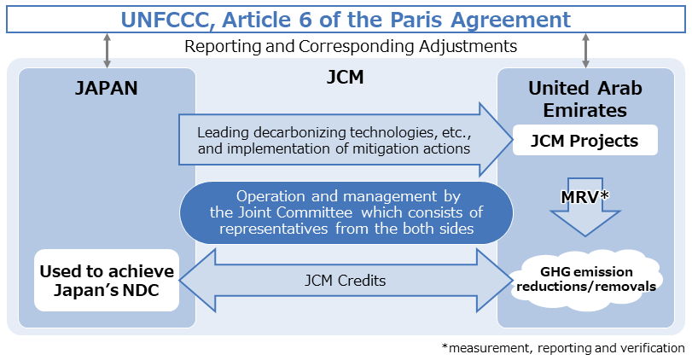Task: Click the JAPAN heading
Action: tap(107, 88)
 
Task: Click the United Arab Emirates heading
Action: tap(584, 100)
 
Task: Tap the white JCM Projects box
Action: tap(585, 141)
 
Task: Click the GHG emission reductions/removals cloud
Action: tap(585, 279)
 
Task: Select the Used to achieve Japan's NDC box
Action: tap(107, 281)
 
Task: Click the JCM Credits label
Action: tap(346, 280)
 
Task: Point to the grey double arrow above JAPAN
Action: tap(107, 50)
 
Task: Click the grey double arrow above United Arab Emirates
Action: tap(585, 50)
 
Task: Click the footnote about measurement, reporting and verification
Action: tap(563, 348)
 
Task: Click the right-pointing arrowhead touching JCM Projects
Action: tap(493, 141)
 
